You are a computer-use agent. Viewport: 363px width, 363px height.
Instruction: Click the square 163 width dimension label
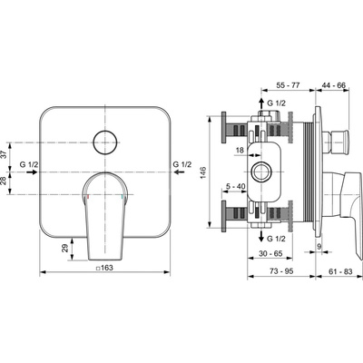point(104,268)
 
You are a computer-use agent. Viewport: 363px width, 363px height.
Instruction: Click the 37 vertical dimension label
point(4,155)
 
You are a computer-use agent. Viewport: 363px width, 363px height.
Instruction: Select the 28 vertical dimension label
point(4,181)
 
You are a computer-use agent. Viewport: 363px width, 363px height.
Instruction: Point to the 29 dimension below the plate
point(64,249)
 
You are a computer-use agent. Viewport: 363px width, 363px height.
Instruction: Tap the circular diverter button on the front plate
point(105,142)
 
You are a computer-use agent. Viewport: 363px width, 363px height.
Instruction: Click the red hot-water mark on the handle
point(88,197)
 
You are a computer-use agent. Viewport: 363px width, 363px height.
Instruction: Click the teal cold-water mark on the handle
point(123,197)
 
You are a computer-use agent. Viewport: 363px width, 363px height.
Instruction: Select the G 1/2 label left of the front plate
point(29,164)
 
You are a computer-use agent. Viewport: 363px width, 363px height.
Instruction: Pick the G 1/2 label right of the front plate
point(182,164)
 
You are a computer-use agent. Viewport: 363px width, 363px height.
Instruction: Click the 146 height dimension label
point(203,172)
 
